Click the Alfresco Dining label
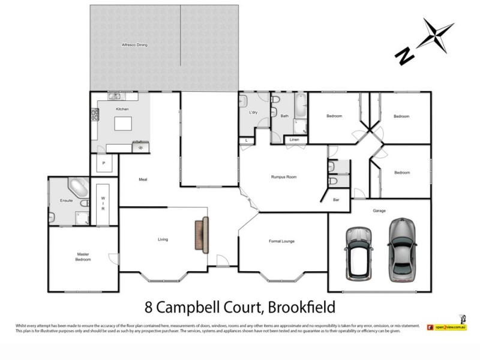click(x=134, y=45)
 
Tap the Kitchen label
click(x=122, y=109)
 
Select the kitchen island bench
click(x=123, y=124)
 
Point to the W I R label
click(x=103, y=205)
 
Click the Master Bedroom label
click(x=83, y=257)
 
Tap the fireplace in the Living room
click(x=202, y=235)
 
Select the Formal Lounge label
click(x=281, y=241)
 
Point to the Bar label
click(x=336, y=200)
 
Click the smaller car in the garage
click(x=359, y=253)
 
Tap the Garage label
click(x=379, y=211)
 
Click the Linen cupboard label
click(x=294, y=140)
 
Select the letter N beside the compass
click(x=404, y=56)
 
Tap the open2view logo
click(x=446, y=327)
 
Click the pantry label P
click(x=103, y=163)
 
